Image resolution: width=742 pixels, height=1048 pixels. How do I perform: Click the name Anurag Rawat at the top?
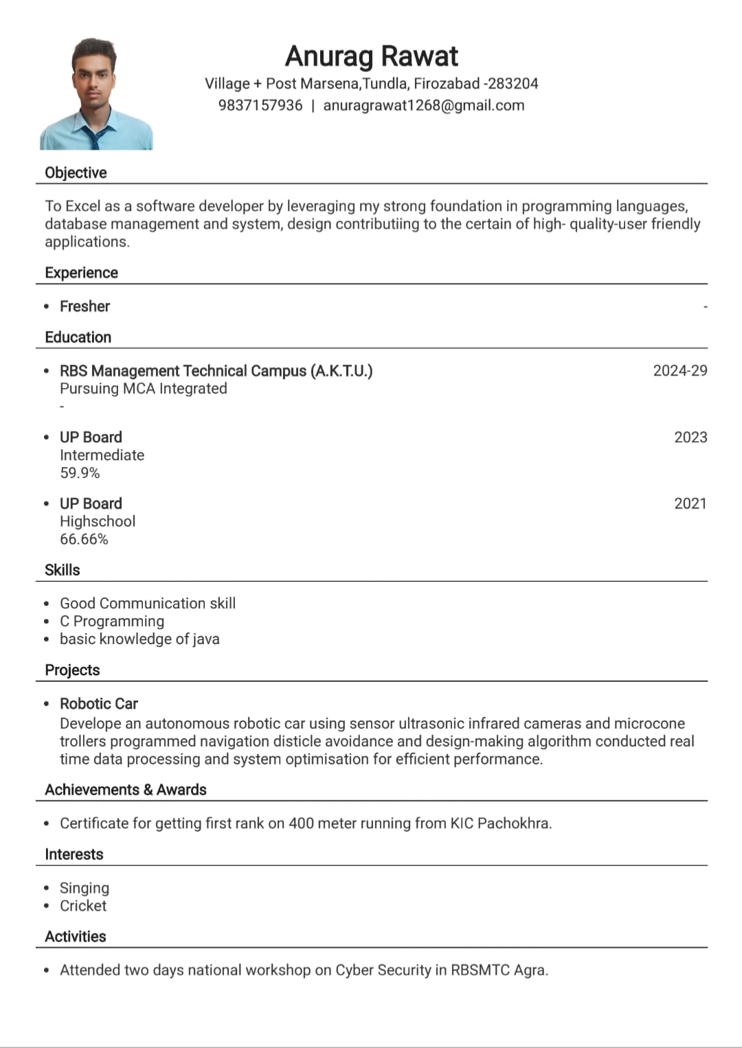point(371,56)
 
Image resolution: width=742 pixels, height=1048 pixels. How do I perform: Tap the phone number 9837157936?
point(260,105)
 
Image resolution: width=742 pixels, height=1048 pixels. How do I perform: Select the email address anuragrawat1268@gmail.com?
point(423,105)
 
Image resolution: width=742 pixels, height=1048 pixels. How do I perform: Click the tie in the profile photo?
point(94,138)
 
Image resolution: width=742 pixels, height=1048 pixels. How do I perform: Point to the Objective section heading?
point(76,172)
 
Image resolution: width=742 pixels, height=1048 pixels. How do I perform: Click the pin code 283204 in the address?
point(513,84)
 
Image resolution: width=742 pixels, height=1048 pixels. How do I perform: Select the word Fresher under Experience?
point(85,306)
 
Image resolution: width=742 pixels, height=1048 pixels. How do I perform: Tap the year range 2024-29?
point(679,371)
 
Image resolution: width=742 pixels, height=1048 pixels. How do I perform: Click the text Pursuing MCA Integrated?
point(143,389)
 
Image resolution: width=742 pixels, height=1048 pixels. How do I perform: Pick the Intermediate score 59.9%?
point(80,473)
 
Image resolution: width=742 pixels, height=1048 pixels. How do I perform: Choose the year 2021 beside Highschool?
point(690,503)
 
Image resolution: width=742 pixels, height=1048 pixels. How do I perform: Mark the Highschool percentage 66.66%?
point(84,539)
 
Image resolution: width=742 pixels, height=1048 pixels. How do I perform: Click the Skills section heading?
point(62,570)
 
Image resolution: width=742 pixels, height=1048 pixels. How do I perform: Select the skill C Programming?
point(112,622)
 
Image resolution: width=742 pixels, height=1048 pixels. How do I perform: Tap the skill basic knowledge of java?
point(139,639)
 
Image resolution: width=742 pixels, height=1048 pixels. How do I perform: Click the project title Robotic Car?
point(99,704)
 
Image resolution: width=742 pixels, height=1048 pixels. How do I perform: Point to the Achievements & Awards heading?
point(126,790)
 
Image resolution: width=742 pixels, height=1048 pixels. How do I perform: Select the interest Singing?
point(85,888)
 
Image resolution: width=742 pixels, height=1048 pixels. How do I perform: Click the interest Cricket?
point(83,906)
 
